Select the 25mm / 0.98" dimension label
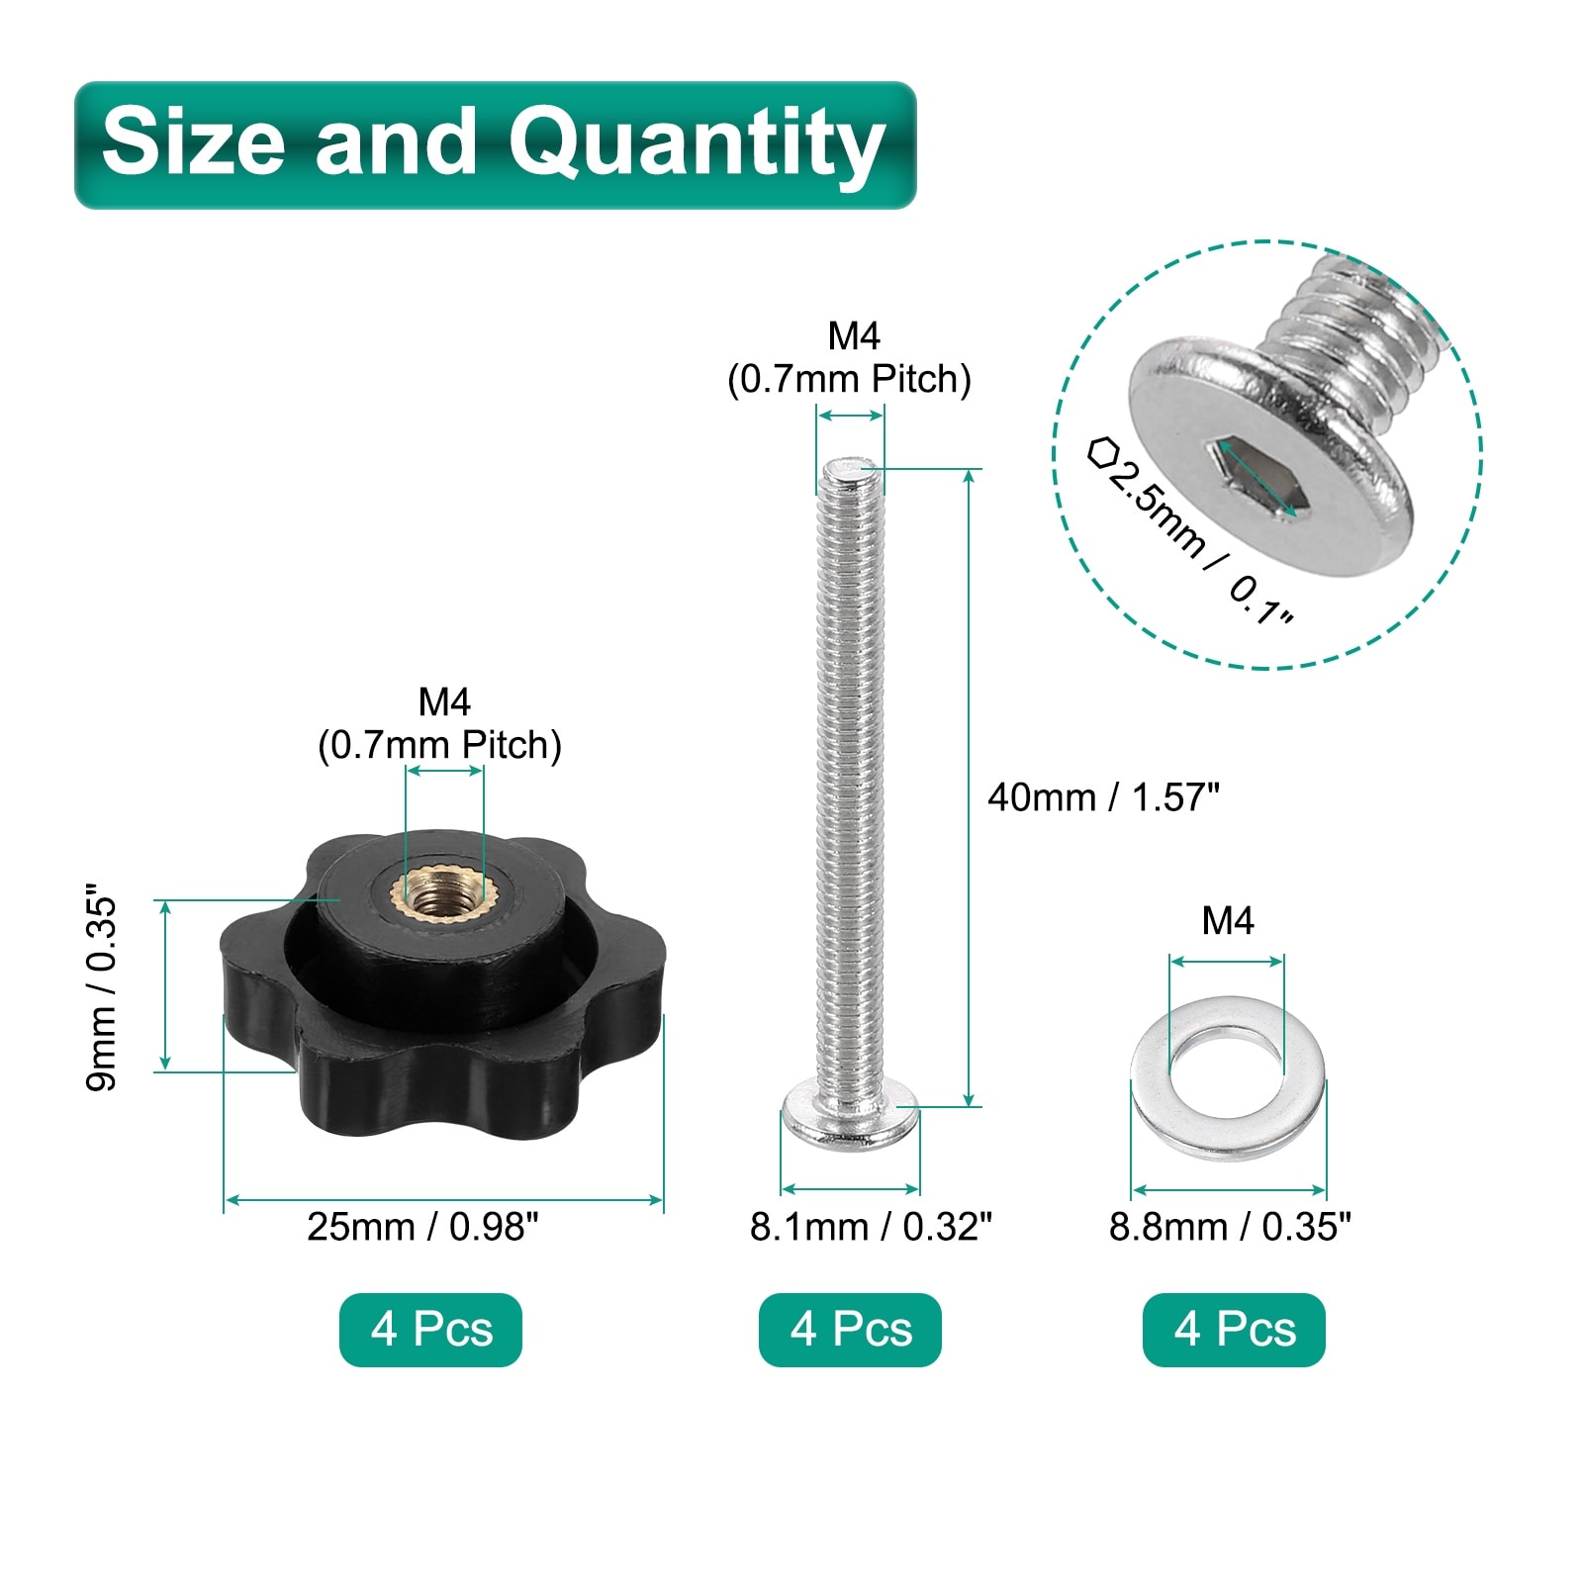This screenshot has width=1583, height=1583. pyautogui.click(x=422, y=1227)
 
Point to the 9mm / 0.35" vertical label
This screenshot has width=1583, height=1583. pyautogui.click(x=102, y=986)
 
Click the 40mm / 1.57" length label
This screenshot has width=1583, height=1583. pyautogui.click(x=1103, y=797)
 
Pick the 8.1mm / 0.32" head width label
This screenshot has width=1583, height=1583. pyautogui.click(x=871, y=1227)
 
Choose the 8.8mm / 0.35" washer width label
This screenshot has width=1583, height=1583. pyautogui.click(x=1230, y=1227)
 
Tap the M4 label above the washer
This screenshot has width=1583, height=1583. pyautogui.click(x=1227, y=921)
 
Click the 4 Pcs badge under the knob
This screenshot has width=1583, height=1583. pyautogui.click(x=430, y=1330)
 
